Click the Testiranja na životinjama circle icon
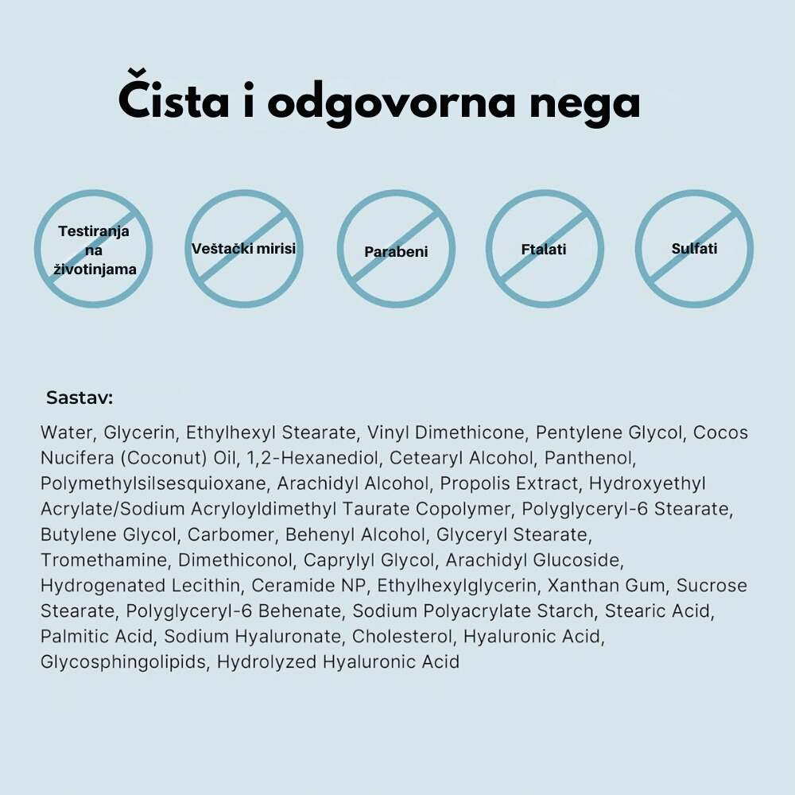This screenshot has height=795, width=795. pyautogui.click(x=93, y=249)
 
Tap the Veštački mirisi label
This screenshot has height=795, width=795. pyautogui.click(x=243, y=249)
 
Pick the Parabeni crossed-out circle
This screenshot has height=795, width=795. pyautogui.click(x=396, y=249)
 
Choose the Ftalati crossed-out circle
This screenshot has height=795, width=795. pyautogui.click(x=544, y=249)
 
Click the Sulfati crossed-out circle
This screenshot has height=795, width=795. pyautogui.click(x=694, y=249)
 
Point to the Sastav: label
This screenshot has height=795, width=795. pyautogui.click(x=79, y=397)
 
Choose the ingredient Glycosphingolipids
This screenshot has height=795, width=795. pyautogui.click(x=122, y=662)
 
